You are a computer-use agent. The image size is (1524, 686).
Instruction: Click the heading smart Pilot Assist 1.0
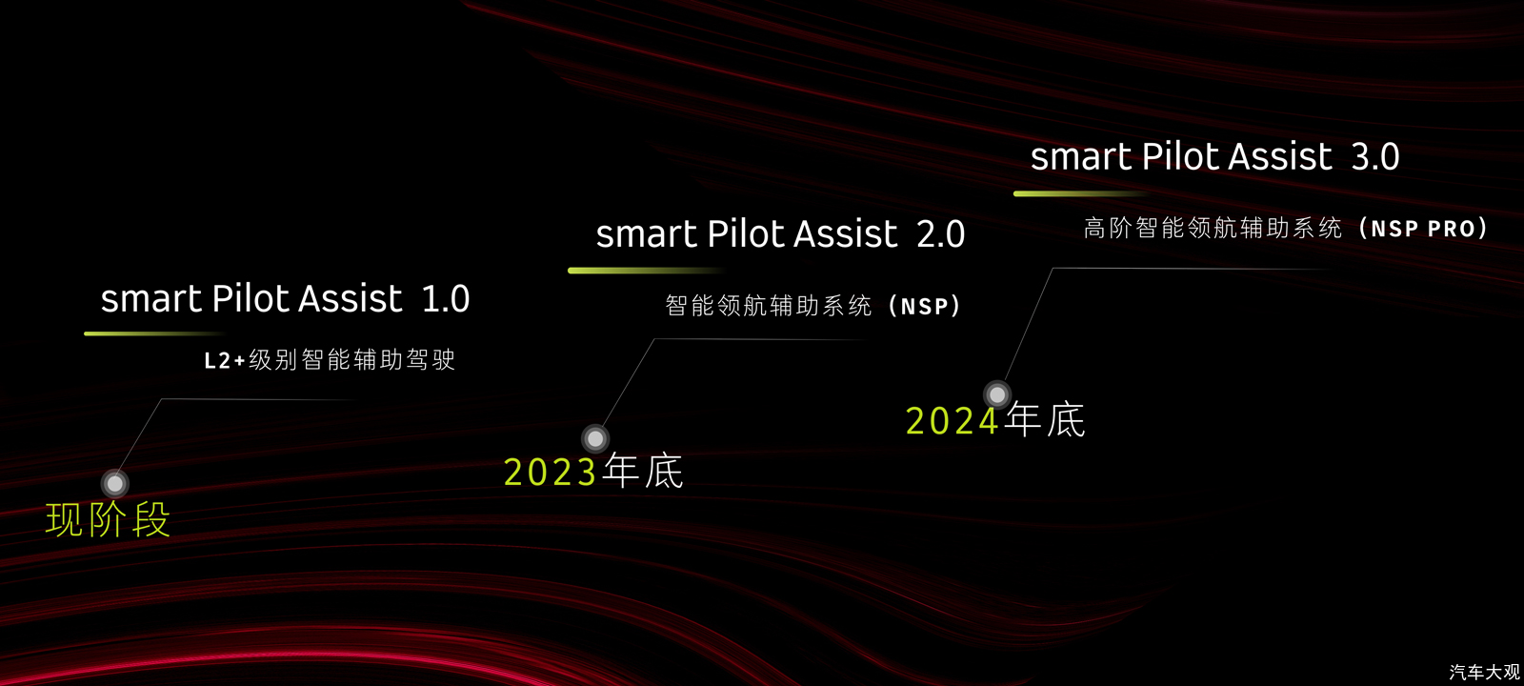tap(285, 298)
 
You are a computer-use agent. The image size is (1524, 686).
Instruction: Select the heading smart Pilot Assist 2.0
tap(780, 233)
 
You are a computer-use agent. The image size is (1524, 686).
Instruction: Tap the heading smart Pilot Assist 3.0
tap(1215, 156)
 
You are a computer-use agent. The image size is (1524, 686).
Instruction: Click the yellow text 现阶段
tap(108, 520)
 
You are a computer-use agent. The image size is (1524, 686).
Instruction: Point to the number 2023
tap(550, 472)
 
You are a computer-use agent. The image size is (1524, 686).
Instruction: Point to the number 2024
tap(952, 420)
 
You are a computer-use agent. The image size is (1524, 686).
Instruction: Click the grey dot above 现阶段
tap(115, 483)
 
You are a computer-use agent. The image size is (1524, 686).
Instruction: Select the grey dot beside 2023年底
tap(595, 439)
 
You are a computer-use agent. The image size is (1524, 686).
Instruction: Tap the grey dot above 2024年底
tap(997, 394)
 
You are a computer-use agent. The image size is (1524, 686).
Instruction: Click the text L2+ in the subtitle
tap(225, 360)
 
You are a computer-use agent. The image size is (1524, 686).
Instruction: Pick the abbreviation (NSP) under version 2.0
tap(925, 306)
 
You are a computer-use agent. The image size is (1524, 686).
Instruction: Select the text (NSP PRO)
tap(1423, 228)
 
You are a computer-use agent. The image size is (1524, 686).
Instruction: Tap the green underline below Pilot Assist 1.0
tap(154, 333)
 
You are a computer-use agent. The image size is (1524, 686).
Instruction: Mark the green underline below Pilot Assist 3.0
tap(1082, 193)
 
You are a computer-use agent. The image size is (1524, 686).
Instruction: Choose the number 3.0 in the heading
tap(1375, 156)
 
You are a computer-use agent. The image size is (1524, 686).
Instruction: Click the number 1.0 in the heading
tap(446, 299)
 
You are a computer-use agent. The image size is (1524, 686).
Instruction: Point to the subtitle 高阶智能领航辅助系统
tap(1213, 228)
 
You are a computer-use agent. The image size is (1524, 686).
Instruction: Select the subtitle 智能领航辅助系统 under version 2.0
tap(768, 306)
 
